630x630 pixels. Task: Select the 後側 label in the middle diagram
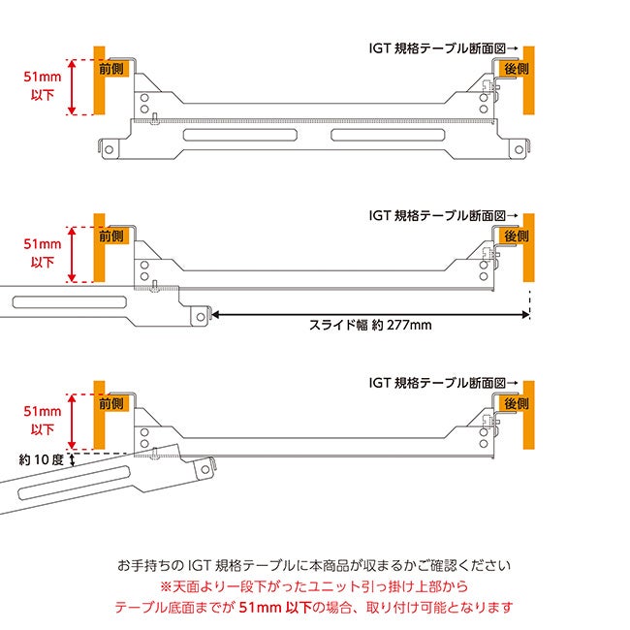[x=516, y=236]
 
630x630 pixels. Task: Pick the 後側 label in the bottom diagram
[x=516, y=402]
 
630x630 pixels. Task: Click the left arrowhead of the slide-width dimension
[x=215, y=314]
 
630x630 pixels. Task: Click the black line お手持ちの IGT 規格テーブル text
[x=314, y=565]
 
